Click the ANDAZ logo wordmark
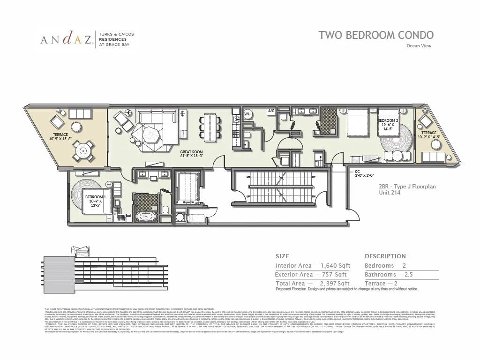tap(66, 40)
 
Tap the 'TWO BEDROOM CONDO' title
tap(376, 35)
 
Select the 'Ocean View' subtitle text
tap(419, 46)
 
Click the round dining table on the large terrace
tap(83, 150)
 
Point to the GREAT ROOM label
tap(191, 154)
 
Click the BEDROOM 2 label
tap(388, 123)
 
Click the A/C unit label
tap(271, 111)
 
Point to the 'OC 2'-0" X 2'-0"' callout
tap(365, 173)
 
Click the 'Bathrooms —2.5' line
tap(389, 275)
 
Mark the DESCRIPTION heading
tap(385, 256)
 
